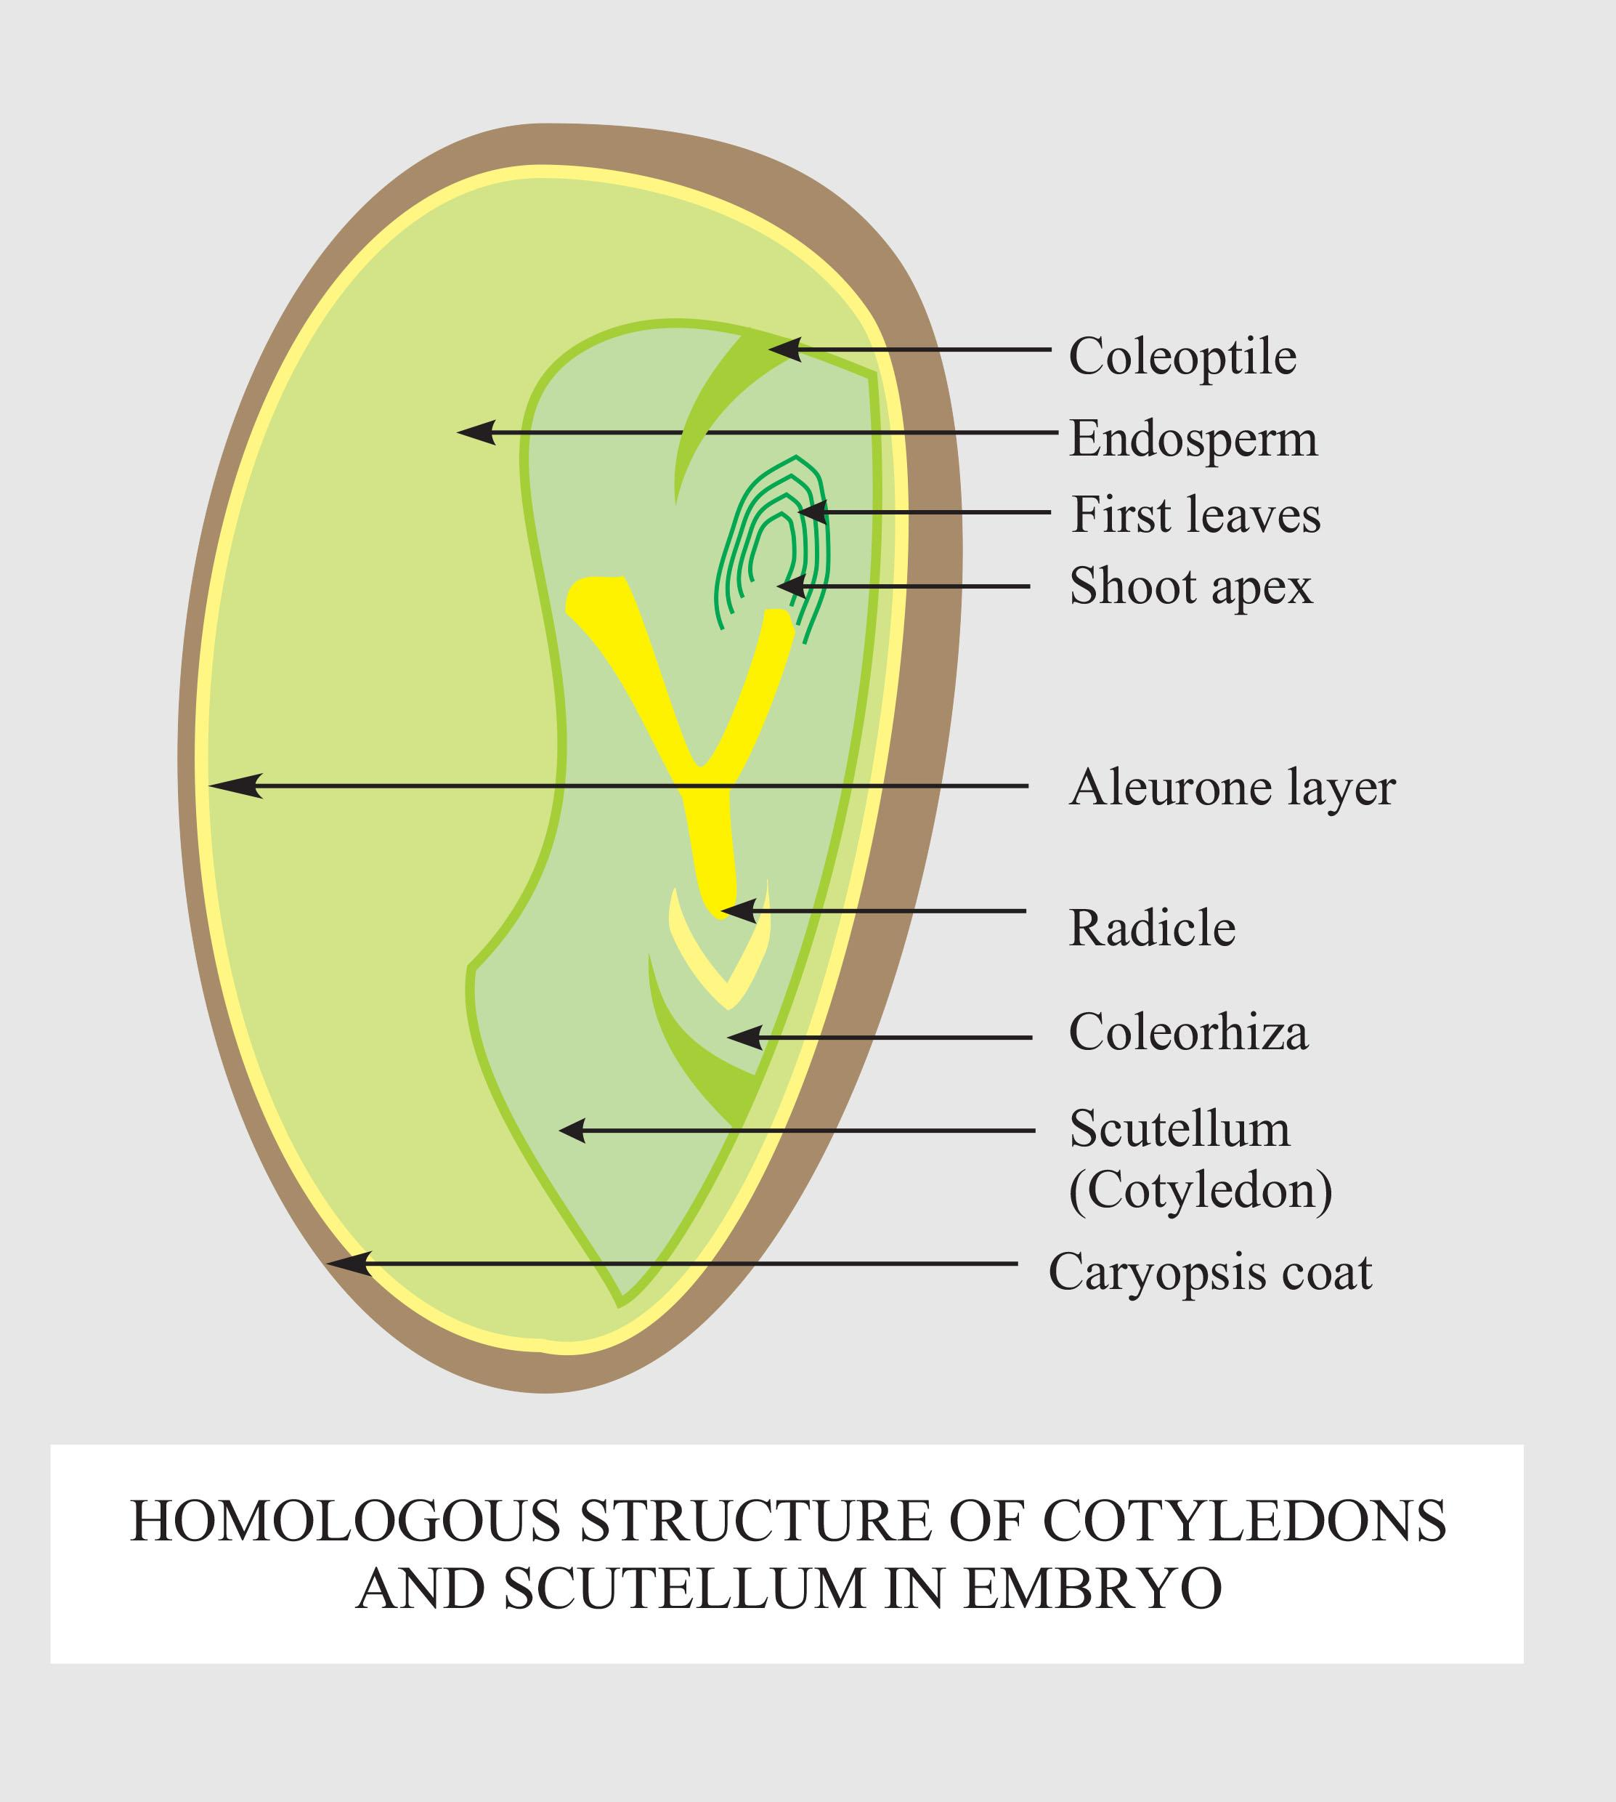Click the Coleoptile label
tap(1182, 357)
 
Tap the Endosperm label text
tap(1193, 439)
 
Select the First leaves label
tap(1195, 515)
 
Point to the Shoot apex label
tap(1190, 586)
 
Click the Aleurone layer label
tap(1232, 787)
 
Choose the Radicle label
tap(1152, 928)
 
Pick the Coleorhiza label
tap(1187, 1032)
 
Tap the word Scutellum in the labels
tap(1179, 1129)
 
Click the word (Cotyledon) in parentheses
tap(1200, 1190)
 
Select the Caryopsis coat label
tap(1209, 1272)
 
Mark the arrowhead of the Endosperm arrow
tap(475, 432)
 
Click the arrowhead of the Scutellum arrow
tap(573, 1131)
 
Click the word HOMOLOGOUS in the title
tap(346, 1521)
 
